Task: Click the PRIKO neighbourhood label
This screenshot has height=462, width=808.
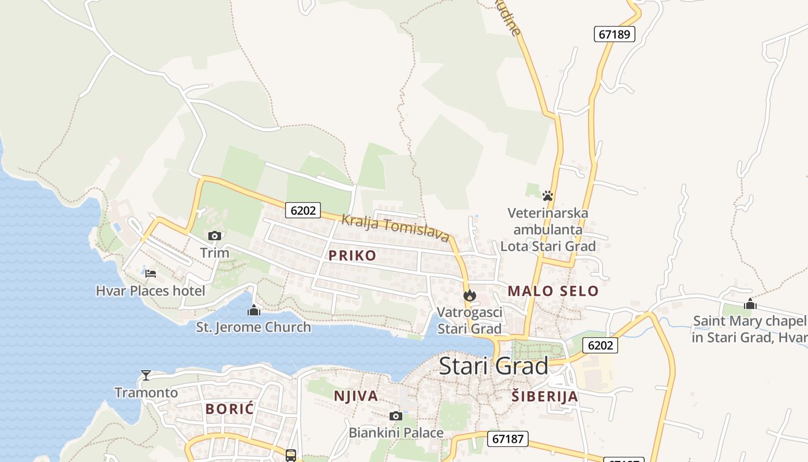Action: pos(352,255)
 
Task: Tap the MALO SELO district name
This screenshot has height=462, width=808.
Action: pos(553,291)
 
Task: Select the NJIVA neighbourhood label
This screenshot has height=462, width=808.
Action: pos(356,396)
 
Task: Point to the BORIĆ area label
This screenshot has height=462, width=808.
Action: pos(230,409)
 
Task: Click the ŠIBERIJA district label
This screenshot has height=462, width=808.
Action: pos(545,396)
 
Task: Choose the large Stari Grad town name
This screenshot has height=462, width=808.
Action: pos(493,366)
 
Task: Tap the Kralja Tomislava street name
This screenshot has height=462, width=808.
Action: pos(395,228)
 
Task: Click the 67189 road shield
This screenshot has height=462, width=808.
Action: pos(614,34)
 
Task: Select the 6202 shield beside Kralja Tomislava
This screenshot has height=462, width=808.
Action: pos(303,210)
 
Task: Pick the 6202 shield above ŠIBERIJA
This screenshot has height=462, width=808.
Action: pos(600,345)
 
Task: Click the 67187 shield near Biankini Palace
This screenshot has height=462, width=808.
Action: pos(508,439)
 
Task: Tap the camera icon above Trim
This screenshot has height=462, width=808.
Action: pos(215,236)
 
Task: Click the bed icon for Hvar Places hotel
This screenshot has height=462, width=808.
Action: pos(151,273)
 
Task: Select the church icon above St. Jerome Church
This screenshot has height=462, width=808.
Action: pos(253,310)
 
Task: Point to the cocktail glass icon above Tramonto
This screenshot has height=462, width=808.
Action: pos(146,375)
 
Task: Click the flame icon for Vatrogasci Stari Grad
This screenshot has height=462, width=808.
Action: pos(470,295)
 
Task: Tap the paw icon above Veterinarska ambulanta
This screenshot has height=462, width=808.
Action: pos(548,196)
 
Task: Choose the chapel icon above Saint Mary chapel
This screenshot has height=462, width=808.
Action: pos(750,304)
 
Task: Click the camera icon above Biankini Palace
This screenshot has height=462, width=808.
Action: pos(396,416)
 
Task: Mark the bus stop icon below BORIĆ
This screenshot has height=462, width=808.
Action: pos(291,455)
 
